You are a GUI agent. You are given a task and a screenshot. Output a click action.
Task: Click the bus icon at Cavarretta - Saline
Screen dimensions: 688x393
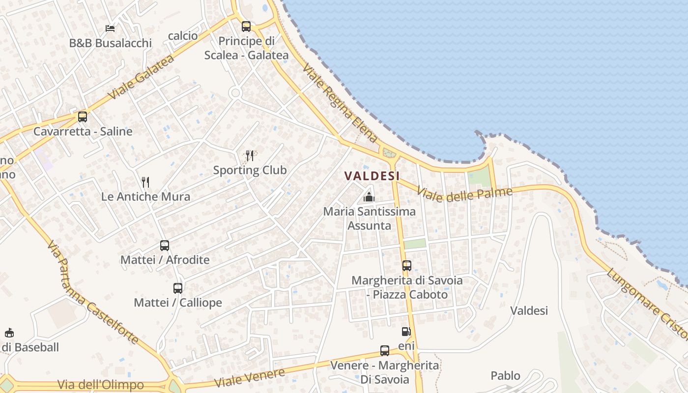tap(83, 117)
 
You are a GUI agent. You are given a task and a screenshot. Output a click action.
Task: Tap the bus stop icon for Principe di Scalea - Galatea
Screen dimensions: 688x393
tap(246, 27)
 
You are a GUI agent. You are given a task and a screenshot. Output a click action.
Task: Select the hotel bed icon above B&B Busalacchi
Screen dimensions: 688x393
tap(110, 28)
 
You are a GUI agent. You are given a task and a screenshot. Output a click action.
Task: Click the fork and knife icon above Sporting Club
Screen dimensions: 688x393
tap(250, 156)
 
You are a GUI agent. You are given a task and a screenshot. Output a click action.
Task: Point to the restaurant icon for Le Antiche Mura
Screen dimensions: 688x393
tap(145, 182)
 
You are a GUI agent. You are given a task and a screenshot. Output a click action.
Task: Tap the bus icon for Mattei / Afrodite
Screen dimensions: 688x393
tap(165, 246)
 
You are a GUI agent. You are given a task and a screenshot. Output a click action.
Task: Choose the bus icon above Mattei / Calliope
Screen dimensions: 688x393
tap(178, 288)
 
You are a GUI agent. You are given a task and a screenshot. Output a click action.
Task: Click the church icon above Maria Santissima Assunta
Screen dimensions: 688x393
tap(369, 197)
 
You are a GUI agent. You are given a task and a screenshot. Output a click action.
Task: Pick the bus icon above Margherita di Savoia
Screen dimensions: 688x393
tap(407, 266)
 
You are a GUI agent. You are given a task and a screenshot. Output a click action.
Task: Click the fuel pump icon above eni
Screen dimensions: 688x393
tap(406, 332)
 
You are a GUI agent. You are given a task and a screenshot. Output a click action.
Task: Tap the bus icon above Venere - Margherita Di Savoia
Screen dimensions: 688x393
tap(385, 351)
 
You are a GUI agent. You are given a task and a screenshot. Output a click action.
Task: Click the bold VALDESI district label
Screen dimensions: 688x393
tap(372, 176)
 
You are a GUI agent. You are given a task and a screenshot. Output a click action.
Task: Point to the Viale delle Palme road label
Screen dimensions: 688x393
tap(464, 194)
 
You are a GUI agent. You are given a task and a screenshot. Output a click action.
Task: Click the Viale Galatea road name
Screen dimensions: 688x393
tap(141, 78)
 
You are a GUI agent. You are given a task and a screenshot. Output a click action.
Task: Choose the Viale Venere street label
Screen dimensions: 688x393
tap(250, 377)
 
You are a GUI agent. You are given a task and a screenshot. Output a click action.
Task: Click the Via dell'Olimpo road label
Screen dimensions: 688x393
tap(101, 385)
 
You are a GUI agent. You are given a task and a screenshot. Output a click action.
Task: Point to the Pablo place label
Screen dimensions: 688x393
tap(505, 376)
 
